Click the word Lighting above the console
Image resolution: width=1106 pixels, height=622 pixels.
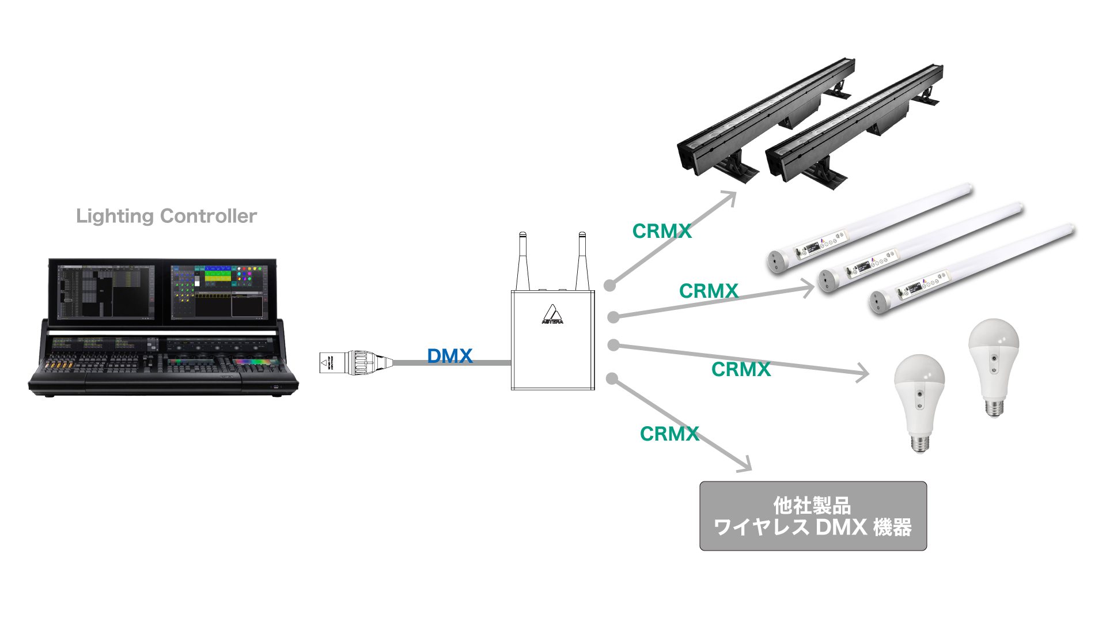pos(115,216)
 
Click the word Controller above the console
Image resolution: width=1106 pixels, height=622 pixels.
pos(209,216)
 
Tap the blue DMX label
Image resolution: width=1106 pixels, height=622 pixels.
pos(450,355)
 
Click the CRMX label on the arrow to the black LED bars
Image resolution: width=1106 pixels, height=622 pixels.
pos(662,231)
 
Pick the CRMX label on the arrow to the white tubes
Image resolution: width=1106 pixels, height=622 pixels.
pos(709,291)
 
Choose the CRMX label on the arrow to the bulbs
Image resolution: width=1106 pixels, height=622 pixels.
pos(741,369)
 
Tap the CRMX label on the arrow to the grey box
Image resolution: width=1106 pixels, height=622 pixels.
pos(669,434)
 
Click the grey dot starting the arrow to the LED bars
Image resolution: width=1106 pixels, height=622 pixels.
pos(609,285)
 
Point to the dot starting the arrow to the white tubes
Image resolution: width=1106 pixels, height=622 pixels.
pos(613,317)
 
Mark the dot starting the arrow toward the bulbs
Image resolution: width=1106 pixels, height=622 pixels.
pos(613,345)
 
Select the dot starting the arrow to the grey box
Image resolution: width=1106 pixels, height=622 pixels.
pos(612,378)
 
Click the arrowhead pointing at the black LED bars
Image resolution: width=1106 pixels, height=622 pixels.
pos(731,196)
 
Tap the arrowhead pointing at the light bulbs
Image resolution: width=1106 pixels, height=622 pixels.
pos(863,373)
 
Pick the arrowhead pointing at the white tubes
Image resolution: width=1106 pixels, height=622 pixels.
pos(809,287)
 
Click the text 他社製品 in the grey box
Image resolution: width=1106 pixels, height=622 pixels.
pos(812,506)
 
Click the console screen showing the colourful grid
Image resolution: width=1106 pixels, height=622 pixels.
pos(219,290)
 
